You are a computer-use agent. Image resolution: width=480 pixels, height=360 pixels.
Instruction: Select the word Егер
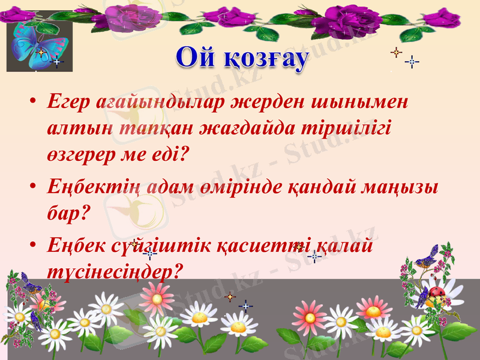point(69,102)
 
